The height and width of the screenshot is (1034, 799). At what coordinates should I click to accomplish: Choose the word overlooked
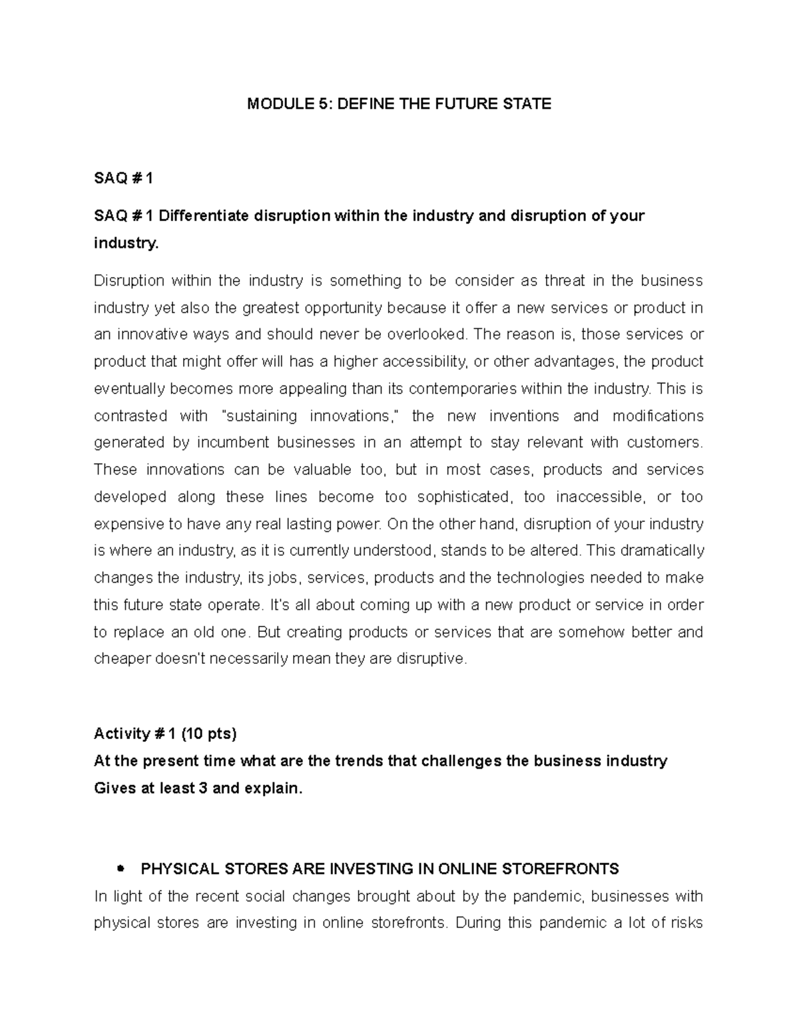tap(411, 334)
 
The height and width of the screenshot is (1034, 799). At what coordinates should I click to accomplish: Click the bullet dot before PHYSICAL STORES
tap(121, 869)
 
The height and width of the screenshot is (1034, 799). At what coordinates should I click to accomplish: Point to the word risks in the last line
tap(687, 923)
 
